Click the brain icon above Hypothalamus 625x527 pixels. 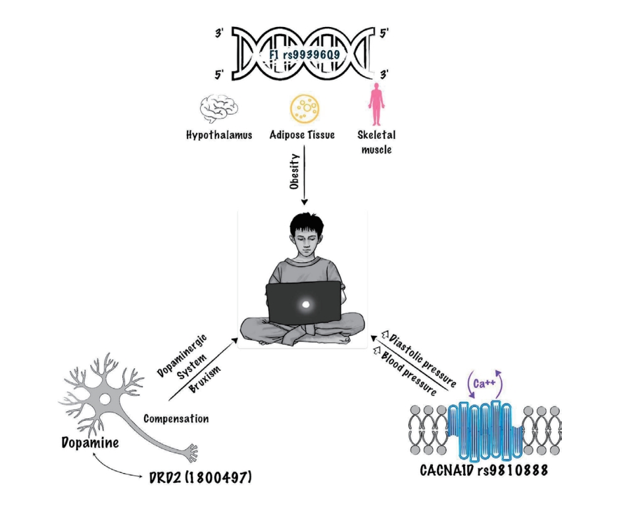click(x=218, y=108)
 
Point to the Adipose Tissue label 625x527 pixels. click(x=303, y=136)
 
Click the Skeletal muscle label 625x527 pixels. click(x=376, y=142)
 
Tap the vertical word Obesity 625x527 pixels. click(x=295, y=171)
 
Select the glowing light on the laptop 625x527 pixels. click(x=305, y=305)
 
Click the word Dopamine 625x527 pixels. click(x=90, y=443)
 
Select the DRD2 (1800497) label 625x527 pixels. click(x=201, y=476)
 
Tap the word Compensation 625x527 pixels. click(x=176, y=419)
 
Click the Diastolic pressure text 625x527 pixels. click(x=421, y=360)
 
